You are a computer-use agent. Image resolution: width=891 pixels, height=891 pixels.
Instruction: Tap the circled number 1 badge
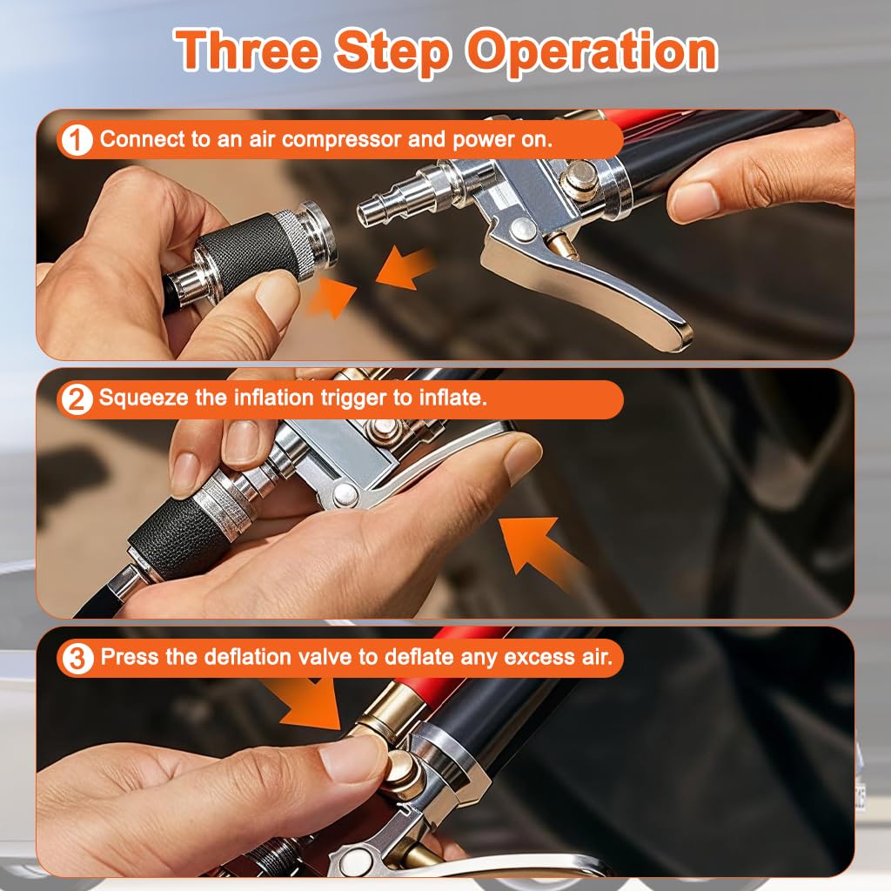click(x=77, y=139)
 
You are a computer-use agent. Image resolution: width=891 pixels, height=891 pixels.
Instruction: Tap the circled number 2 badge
click(x=77, y=399)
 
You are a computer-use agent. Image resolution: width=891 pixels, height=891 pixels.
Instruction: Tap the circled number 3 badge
click(x=77, y=658)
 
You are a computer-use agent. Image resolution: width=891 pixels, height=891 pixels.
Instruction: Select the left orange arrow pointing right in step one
click(x=332, y=297)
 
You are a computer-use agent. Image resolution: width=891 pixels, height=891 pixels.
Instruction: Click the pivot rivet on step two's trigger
click(x=343, y=495)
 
